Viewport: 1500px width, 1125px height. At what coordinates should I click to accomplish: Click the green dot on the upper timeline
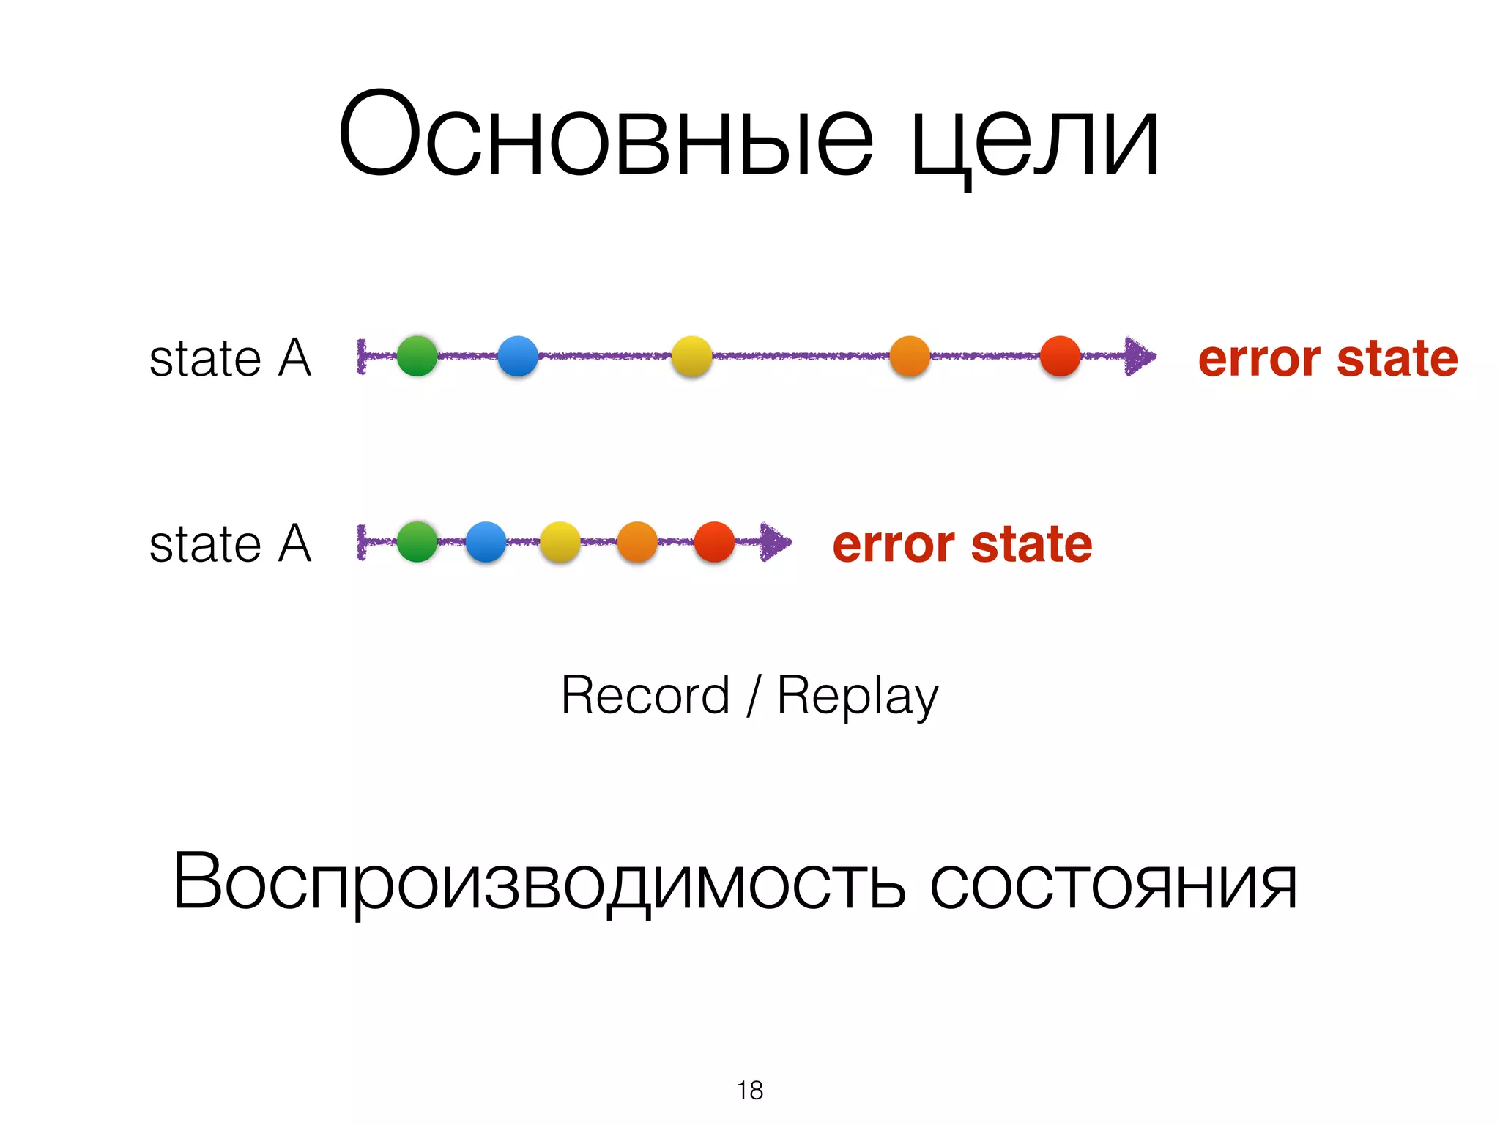point(417,356)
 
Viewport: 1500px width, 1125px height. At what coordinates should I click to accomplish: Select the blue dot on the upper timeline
point(517,356)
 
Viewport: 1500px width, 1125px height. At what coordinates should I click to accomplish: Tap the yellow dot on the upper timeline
point(691,356)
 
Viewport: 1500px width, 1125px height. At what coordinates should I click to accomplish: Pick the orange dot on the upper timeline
point(910,356)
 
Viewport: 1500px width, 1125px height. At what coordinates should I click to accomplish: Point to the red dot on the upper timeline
point(1060,356)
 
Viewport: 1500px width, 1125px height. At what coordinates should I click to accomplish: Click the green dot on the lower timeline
point(417,542)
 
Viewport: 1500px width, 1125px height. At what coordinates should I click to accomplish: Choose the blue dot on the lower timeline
point(486,542)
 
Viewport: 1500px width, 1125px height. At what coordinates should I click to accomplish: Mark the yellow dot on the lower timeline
point(560,542)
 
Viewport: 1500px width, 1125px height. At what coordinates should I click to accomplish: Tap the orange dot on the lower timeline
point(637,542)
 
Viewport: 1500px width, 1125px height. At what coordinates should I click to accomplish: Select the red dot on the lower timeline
point(714,542)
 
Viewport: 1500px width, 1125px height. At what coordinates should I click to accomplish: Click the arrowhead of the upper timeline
point(1140,357)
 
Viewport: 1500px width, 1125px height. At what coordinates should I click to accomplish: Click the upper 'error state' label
point(1327,359)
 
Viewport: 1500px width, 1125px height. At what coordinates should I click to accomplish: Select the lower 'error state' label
point(962,545)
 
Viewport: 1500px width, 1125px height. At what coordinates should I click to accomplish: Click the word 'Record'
point(645,695)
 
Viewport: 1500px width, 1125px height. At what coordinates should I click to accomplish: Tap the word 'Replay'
point(857,697)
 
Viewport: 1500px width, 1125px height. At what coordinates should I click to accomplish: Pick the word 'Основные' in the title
point(605,136)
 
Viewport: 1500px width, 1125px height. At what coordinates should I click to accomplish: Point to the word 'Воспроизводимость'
point(539,883)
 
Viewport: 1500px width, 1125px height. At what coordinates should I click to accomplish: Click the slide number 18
point(750,1091)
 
